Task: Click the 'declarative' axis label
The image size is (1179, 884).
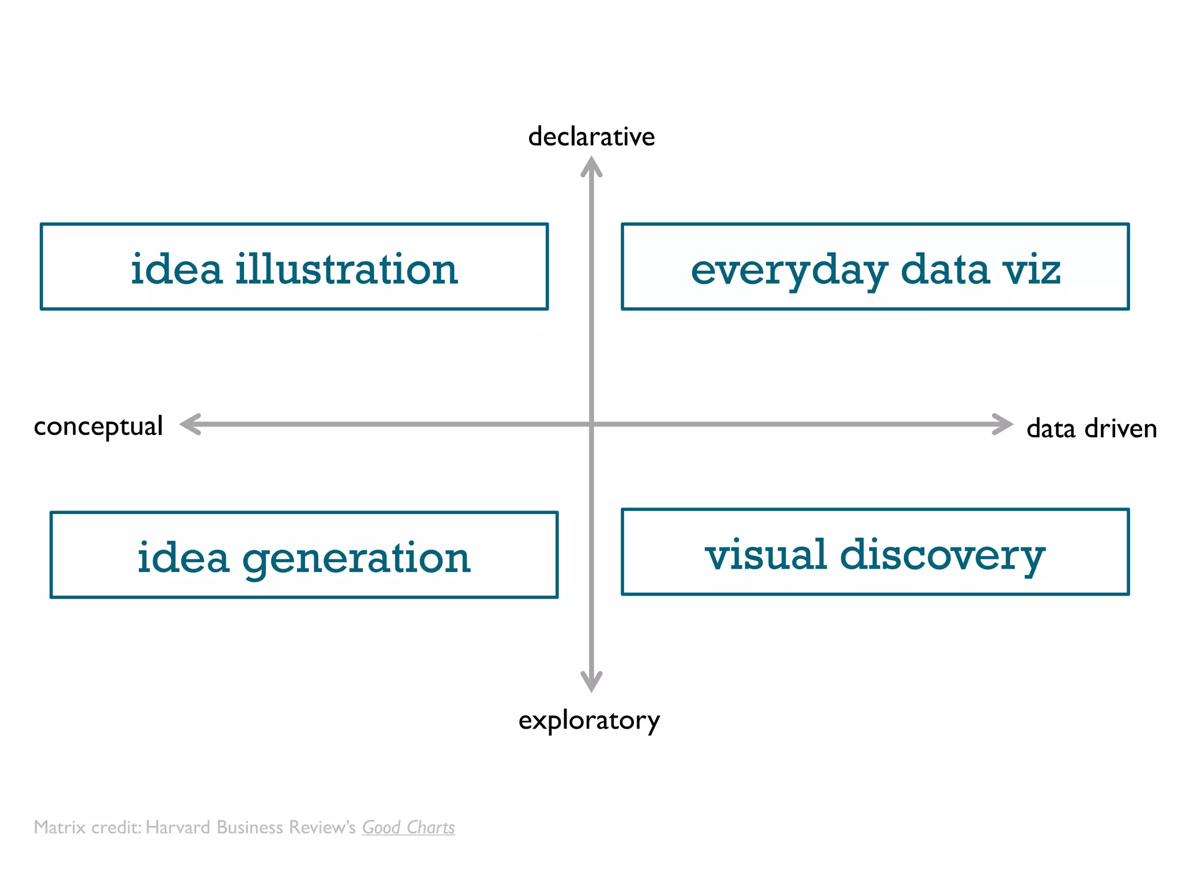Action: click(591, 137)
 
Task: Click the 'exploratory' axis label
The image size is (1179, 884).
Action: click(589, 721)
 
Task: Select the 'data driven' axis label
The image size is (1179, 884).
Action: click(1091, 429)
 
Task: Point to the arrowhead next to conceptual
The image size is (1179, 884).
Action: click(190, 424)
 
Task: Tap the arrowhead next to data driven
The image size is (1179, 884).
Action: click(1003, 424)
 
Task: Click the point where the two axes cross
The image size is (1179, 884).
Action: click(591, 424)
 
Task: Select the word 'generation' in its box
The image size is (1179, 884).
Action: click(356, 558)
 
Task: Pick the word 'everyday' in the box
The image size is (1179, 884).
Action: click(789, 270)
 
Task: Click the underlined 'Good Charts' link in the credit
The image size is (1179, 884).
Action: click(408, 828)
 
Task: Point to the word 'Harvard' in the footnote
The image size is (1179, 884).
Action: click(178, 828)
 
